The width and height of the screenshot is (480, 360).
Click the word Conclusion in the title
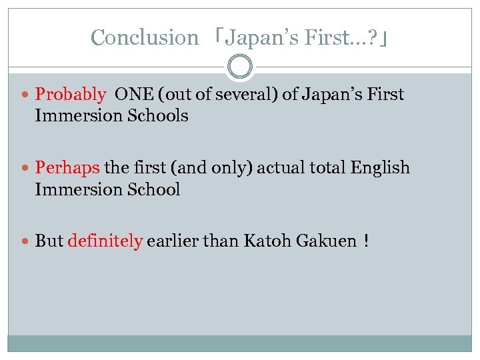145,37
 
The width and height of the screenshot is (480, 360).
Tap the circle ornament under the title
240,67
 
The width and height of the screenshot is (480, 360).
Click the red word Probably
70,95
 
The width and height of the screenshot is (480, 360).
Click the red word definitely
105,241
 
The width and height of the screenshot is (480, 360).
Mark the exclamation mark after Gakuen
367,241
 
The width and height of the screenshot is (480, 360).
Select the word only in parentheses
213,168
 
